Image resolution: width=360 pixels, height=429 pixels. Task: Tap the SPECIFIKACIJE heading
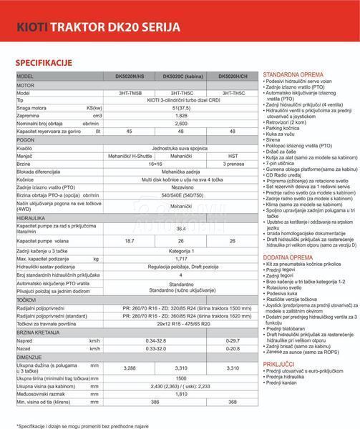[47, 63]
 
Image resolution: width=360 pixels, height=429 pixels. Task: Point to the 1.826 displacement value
[181, 115]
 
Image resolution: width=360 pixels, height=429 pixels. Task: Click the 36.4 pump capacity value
[181, 229]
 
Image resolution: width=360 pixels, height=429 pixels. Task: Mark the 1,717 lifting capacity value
[181, 259]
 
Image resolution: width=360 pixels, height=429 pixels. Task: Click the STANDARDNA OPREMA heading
[291, 74]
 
